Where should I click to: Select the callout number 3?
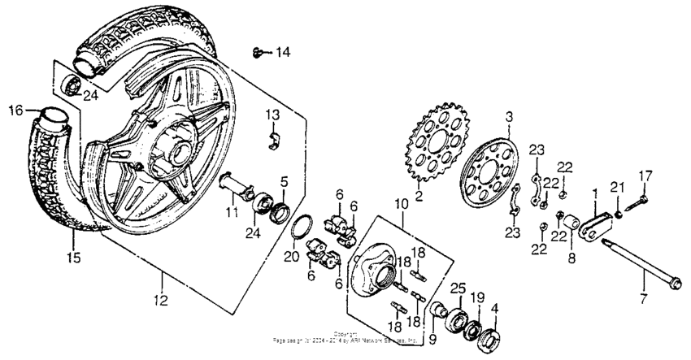coord(509,117)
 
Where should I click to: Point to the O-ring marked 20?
coord(303,233)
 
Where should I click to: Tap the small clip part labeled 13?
coord(273,140)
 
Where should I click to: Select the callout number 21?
coord(617,189)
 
